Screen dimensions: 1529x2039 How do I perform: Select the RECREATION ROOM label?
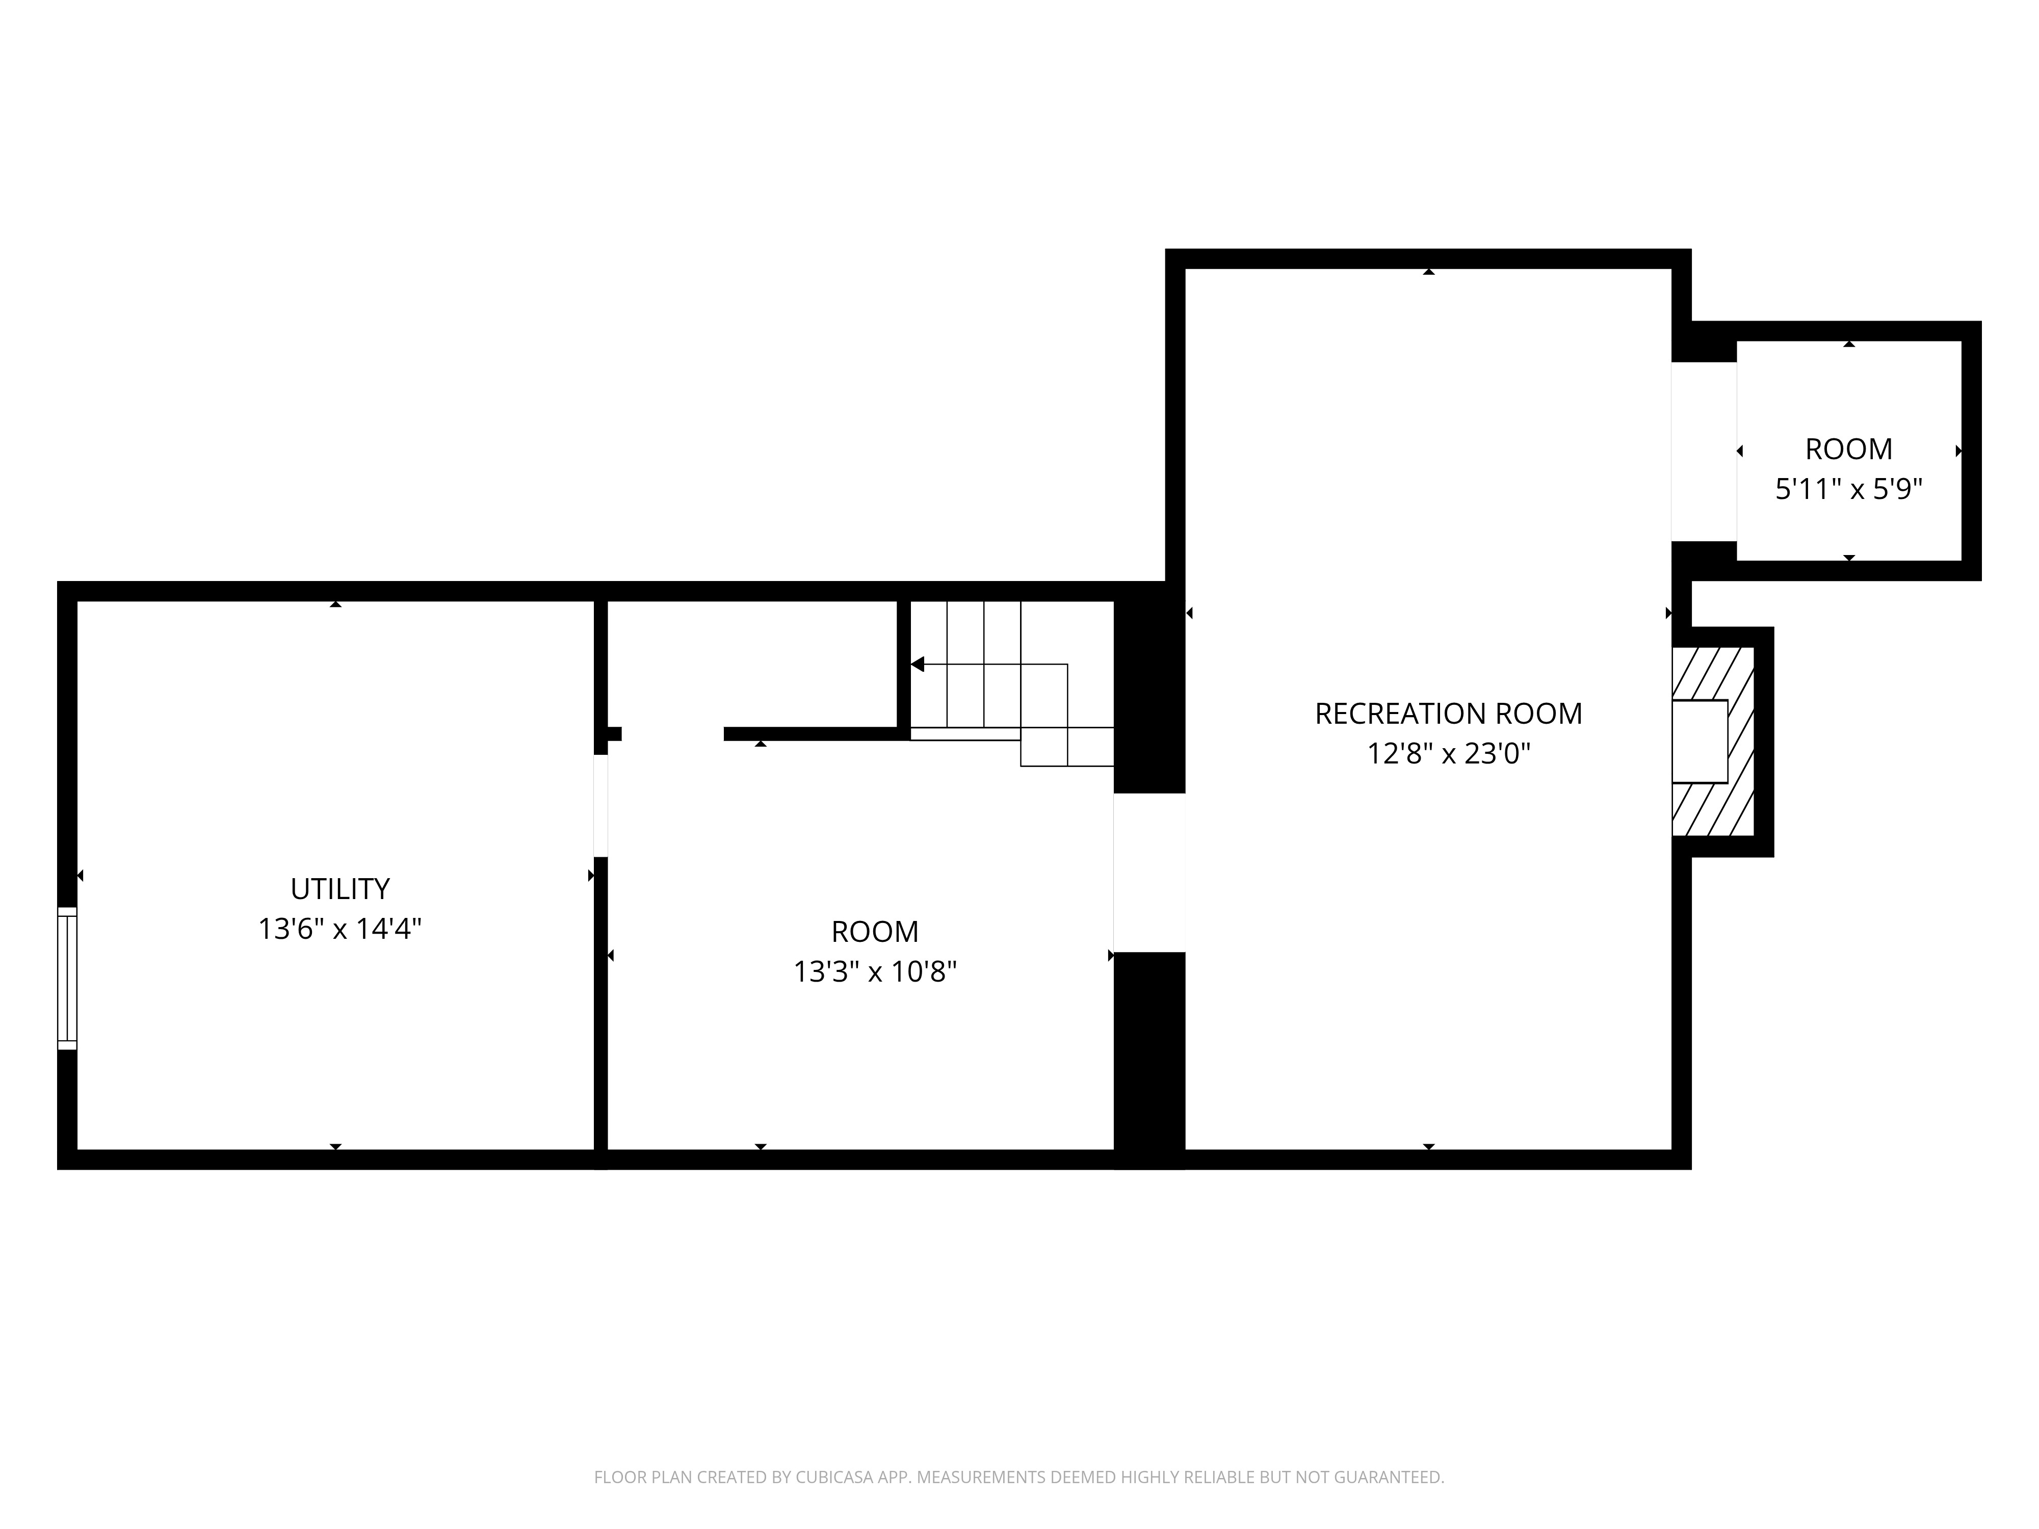tap(1448, 714)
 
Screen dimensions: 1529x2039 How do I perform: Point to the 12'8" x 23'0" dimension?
tap(1448, 754)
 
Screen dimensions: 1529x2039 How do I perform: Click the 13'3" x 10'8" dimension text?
tap(875, 971)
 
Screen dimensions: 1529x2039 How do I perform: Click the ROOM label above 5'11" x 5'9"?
tap(1848, 449)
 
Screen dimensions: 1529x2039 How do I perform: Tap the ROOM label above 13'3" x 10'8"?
tap(875, 932)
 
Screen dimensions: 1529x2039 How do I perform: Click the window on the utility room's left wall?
tap(67, 978)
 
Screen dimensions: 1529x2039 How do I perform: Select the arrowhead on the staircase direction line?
tap(917, 664)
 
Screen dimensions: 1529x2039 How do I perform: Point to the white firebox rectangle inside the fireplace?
tap(1699, 742)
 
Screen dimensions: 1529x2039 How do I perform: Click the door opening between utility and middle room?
tap(600, 805)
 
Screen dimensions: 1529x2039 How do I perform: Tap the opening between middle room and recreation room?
tap(1148, 872)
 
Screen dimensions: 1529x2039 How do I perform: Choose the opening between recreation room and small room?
tap(1704, 452)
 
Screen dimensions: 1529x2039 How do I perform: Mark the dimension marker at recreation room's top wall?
tap(1428, 271)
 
